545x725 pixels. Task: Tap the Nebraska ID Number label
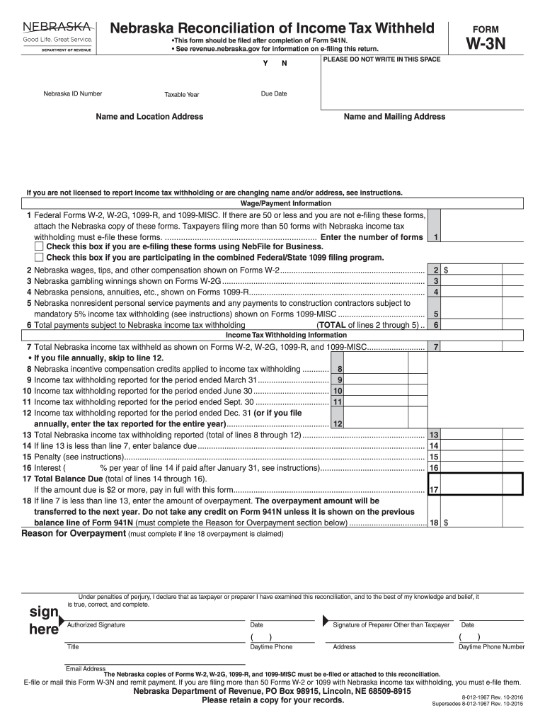click(72, 93)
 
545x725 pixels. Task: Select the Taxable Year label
click(182, 94)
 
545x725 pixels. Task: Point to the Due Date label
click(274, 93)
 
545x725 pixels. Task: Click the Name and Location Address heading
click(149, 117)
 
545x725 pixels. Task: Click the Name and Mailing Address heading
click(394, 117)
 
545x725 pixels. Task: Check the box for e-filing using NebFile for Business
click(39, 247)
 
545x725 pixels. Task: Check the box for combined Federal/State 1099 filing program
click(39, 258)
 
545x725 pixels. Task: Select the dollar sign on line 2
click(446, 270)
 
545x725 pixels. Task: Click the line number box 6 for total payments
click(436, 325)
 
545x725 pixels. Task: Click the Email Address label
click(85, 668)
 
